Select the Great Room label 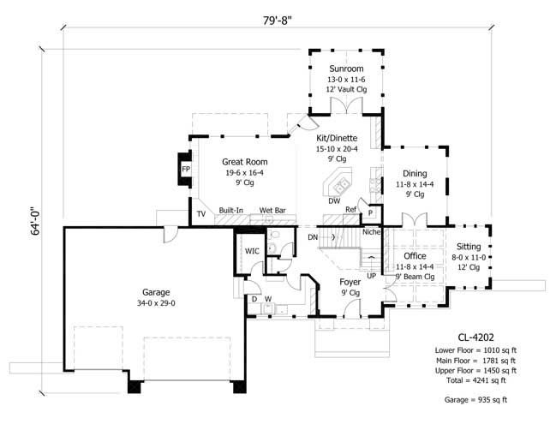pyautogui.click(x=244, y=161)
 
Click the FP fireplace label pyautogui.click(x=185, y=170)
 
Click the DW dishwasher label pyautogui.click(x=334, y=201)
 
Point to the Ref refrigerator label pyautogui.click(x=350, y=210)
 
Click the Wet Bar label pyautogui.click(x=272, y=210)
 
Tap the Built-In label pyautogui.click(x=230, y=210)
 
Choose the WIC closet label pyautogui.click(x=252, y=252)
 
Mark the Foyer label pyautogui.click(x=350, y=282)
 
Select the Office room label pyautogui.click(x=415, y=256)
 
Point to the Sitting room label pyautogui.click(x=469, y=247)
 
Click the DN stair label pyautogui.click(x=313, y=236)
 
